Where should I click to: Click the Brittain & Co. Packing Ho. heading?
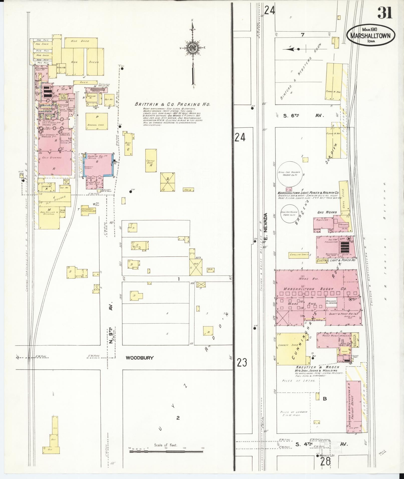pos(172,104)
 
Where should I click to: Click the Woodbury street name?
pos(140,358)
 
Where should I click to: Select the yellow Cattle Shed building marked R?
pos(151,161)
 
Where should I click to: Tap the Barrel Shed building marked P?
pos(97,121)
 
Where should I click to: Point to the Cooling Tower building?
pos(299,255)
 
